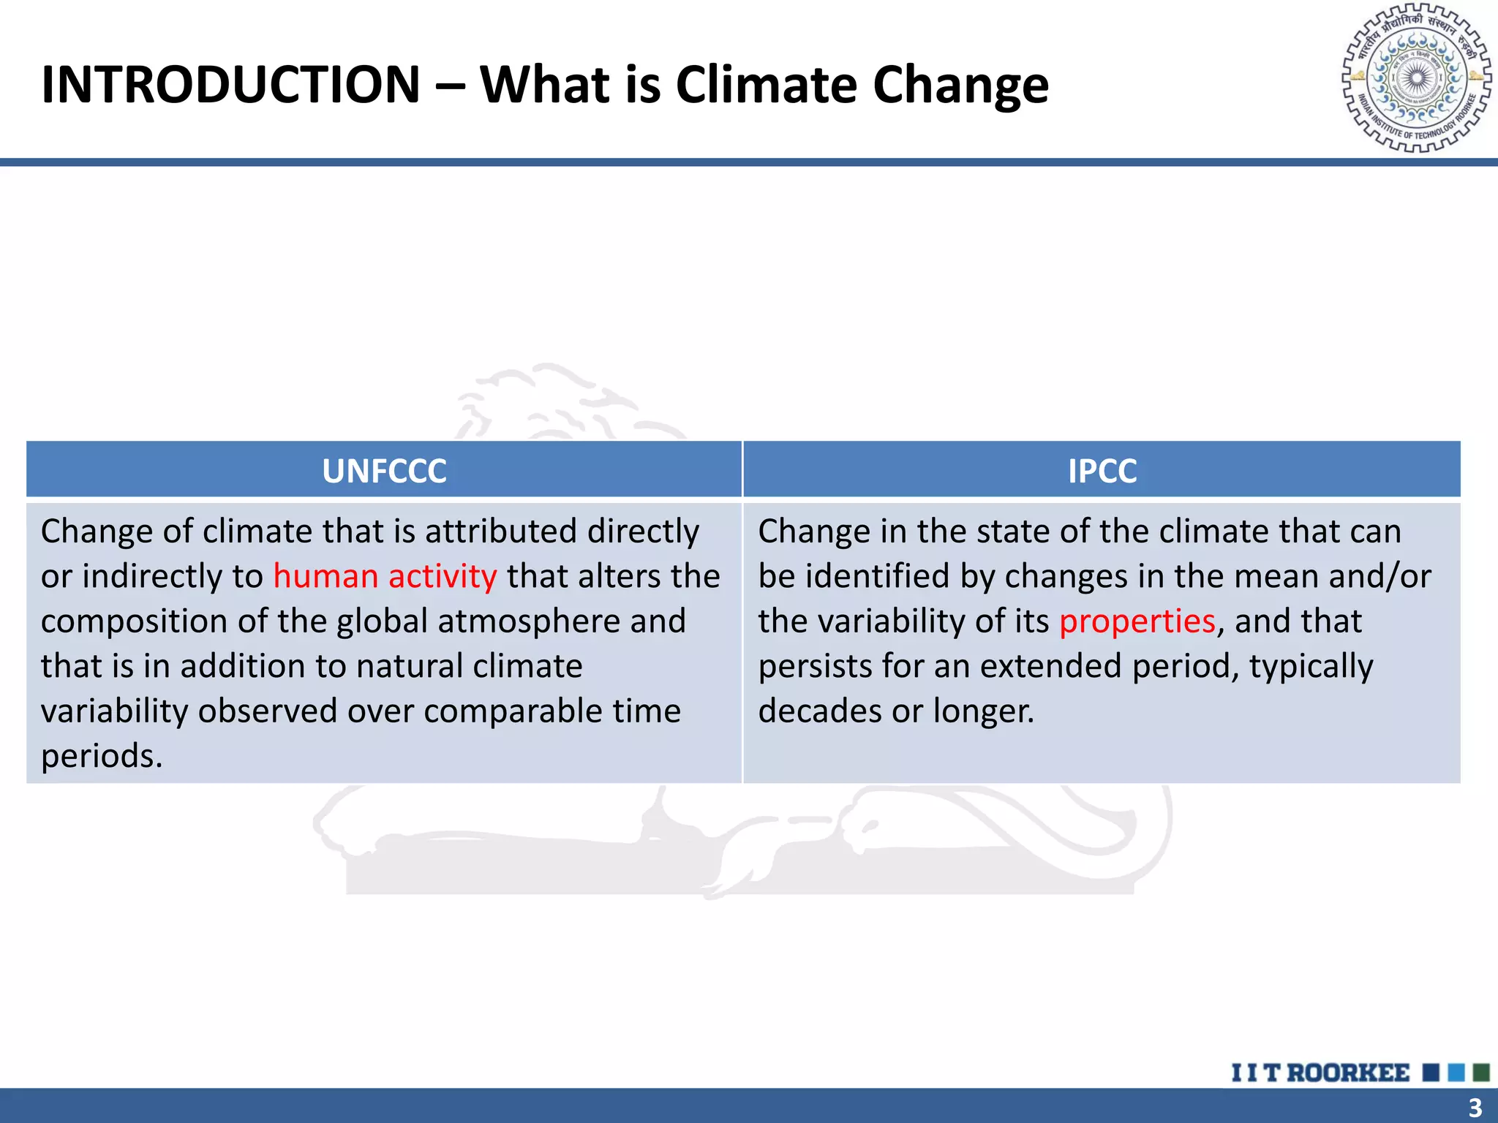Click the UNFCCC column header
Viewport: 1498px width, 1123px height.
pos(384,471)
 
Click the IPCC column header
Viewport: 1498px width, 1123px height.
pos(1102,471)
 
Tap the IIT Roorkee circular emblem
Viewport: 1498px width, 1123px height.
pos(1417,78)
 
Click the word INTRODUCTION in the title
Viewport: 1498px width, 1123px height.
pos(230,85)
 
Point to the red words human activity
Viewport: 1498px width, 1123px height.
pos(385,576)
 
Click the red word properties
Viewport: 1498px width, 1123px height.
pos(1137,621)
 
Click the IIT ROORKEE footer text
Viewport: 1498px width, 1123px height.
pos(1320,1073)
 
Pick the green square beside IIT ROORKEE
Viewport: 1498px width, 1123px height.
pos(1481,1073)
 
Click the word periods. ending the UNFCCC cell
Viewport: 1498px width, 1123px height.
pos(101,756)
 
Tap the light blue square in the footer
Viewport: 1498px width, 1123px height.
pos(1456,1073)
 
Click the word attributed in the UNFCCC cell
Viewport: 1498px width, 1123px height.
pos(501,532)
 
